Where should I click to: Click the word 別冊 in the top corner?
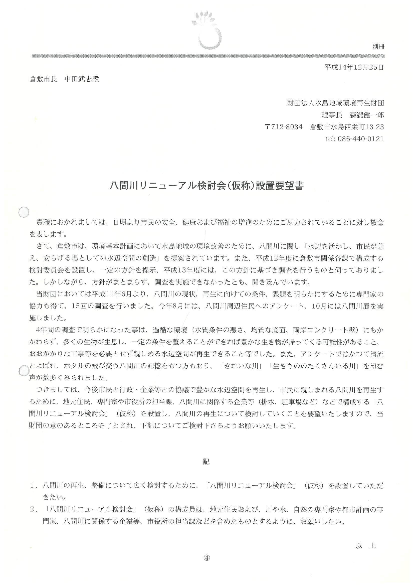pyautogui.click(x=378, y=46)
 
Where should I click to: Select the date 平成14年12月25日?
pyautogui.click(x=354, y=67)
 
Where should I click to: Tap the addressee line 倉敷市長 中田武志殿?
pyautogui.click(x=64, y=79)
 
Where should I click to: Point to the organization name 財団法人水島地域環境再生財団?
pyautogui.click(x=335, y=103)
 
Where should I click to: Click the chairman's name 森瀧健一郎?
pyautogui.click(x=367, y=115)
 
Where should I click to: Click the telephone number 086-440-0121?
pyautogui.click(x=361, y=139)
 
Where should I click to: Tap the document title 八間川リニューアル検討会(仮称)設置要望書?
pyautogui.click(x=206, y=186)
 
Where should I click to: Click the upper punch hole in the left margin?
pyautogui.click(x=24, y=212)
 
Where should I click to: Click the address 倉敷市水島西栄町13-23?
pyautogui.click(x=347, y=127)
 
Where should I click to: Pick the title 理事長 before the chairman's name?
pyautogui.click(x=332, y=115)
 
